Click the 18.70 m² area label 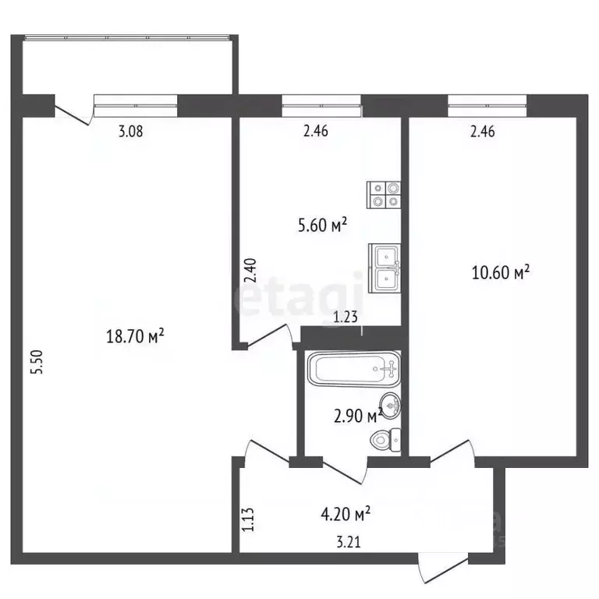[x=135, y=337]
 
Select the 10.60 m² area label [x=501, y=272]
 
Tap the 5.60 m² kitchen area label [x=322, y=225]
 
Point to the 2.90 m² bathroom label [x=358, y=416]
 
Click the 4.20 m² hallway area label [x=346, y=514]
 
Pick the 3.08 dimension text [x=131, y=131]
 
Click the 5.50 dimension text [x=38, y=362]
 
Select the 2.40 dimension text [x=250, y=270]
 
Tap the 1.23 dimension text [x=346, y=317]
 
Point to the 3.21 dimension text [x=349, y=542]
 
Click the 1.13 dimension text [x=248, y=519]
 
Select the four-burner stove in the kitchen [x=384, y=195]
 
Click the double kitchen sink [x=385, y=268]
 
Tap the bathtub [x=354, y=369]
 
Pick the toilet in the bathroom [x=386, y=440]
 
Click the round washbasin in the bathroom [x=390, y=405]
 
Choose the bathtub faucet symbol [x=391, y=369]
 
